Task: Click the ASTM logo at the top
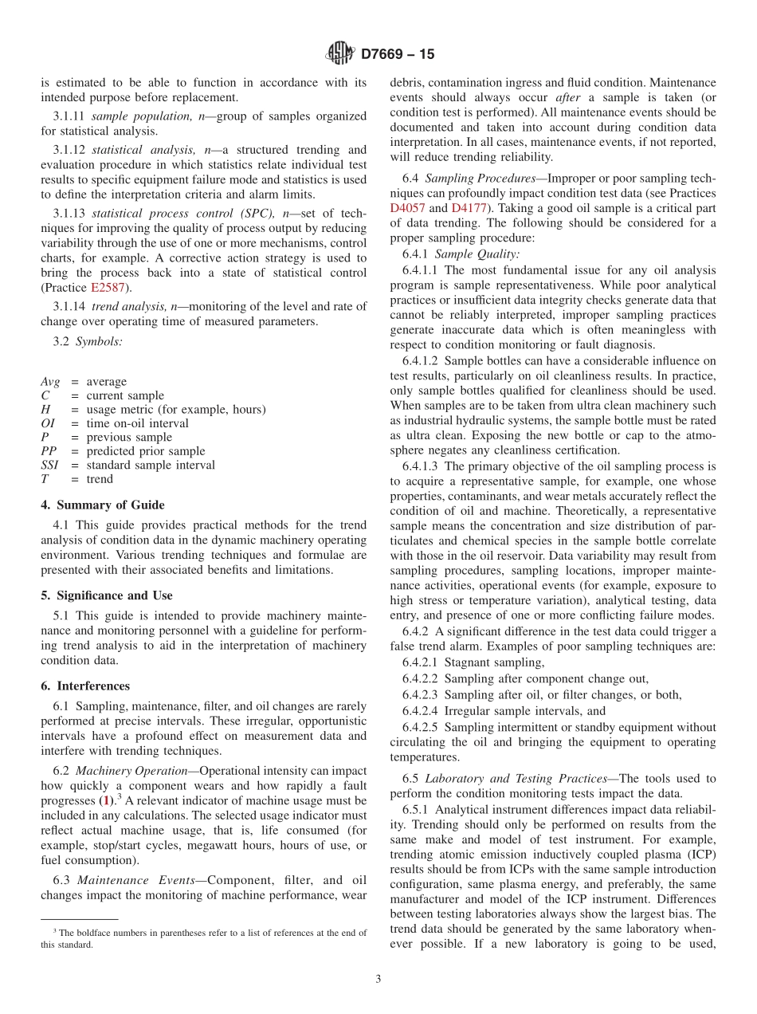[340, 54]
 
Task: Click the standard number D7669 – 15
[398, 55]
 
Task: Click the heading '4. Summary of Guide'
[103, 505]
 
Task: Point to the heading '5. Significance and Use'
[107, 595]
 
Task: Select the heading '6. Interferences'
[85, 686]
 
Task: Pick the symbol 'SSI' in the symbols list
[49, 465]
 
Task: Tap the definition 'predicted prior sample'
[145, 451]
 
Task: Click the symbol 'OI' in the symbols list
[48, 423]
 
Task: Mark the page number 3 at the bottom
[378, 979]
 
